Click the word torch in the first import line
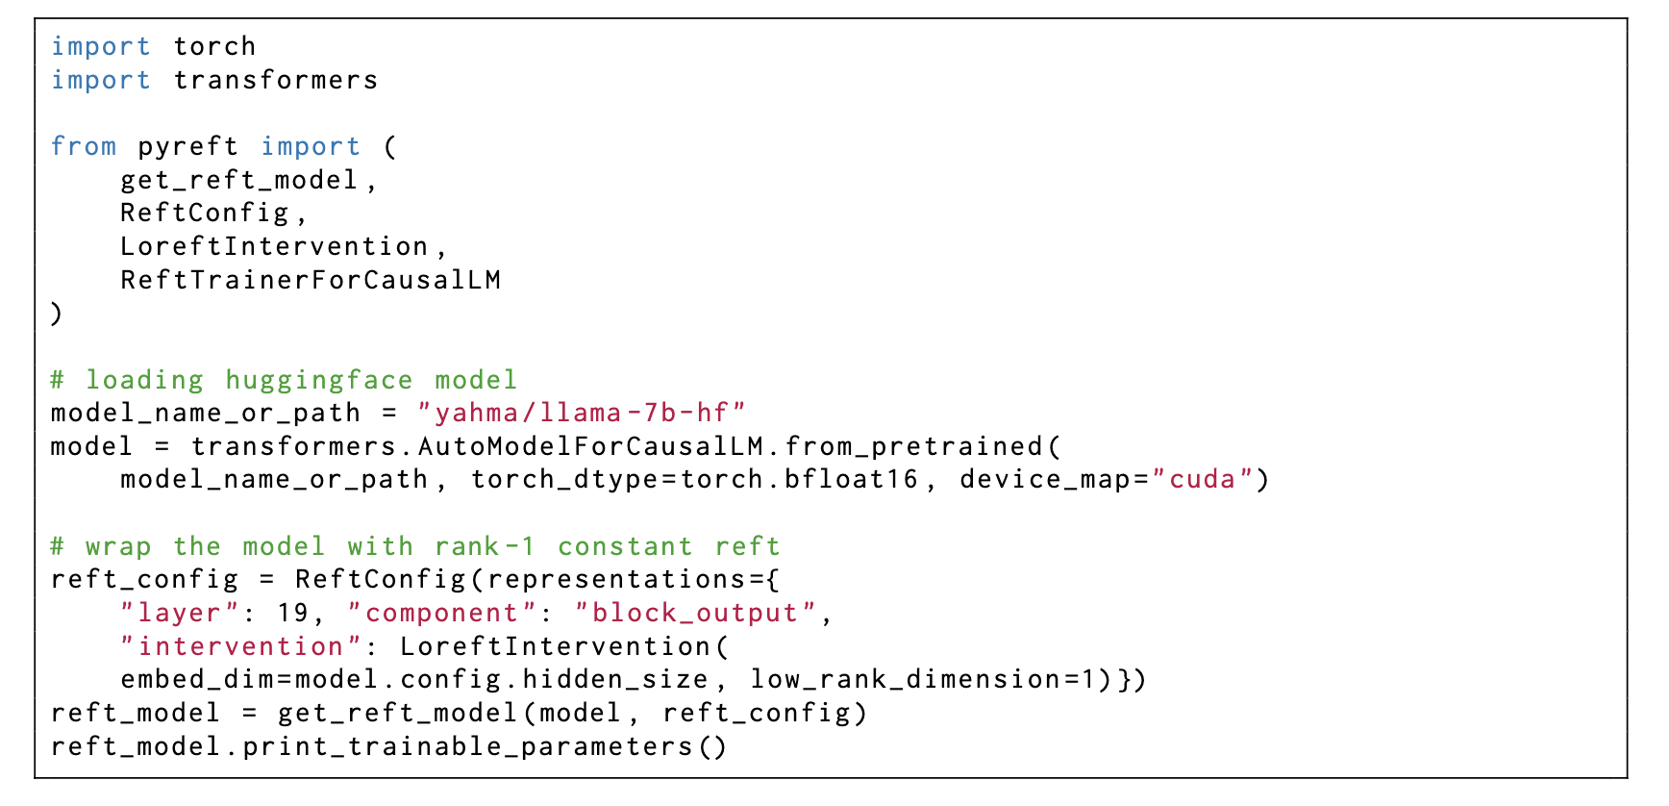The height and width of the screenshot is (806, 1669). (214, 46)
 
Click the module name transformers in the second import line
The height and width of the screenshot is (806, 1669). (276, 80)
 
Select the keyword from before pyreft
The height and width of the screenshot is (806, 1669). (84, 146)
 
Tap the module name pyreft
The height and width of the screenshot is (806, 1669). (187, 146)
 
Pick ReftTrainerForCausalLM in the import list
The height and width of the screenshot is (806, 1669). (310, 280)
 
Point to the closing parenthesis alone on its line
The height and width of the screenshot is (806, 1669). (56, 314)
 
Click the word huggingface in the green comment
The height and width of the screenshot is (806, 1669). (318, 380)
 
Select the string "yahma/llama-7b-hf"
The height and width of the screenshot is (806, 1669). (581, 414)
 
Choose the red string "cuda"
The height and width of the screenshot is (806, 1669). (1202, 480)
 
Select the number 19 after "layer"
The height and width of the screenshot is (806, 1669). (292, 613)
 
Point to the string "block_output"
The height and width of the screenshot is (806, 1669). (695, 613)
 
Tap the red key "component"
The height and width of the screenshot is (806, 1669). (441, 613)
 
